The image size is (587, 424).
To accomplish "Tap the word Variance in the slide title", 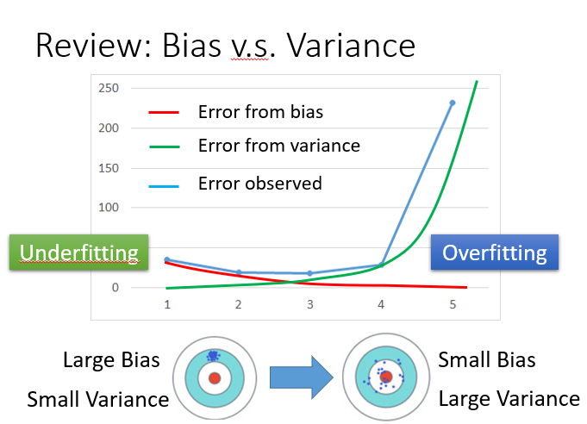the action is (x=351, y=46).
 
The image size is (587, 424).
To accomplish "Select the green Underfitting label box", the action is (x=79, y=253).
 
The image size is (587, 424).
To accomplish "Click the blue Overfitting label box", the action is (x=495, y=253).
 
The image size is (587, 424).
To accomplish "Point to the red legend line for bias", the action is (x=164, y=112).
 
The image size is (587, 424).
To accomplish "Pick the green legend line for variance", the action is (x=164, y=147).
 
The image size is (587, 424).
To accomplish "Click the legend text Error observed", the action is (x=259, y=184).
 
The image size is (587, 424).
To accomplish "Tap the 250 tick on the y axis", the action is (x=109, y=88).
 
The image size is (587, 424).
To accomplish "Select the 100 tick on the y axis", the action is (x=109, y=208).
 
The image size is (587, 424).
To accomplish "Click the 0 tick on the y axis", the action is (x=115, y=288).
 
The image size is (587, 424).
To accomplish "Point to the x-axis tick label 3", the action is (x=310, y=304).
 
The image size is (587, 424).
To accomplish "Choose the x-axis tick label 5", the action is (x=453, y=304).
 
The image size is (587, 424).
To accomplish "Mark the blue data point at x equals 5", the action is (x=453, y=103).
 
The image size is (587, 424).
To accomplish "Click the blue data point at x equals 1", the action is (x=167, y=259).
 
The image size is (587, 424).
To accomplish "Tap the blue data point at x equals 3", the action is (x=310, y=273).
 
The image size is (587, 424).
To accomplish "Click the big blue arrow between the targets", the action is (x=302, y=377).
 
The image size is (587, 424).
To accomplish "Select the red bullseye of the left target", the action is (x=215, y=378).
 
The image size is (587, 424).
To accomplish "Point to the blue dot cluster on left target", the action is (x=213, y=356).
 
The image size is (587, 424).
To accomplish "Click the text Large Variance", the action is (x=509, y=398).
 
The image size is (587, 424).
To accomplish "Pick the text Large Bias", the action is (x=111, y=360).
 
